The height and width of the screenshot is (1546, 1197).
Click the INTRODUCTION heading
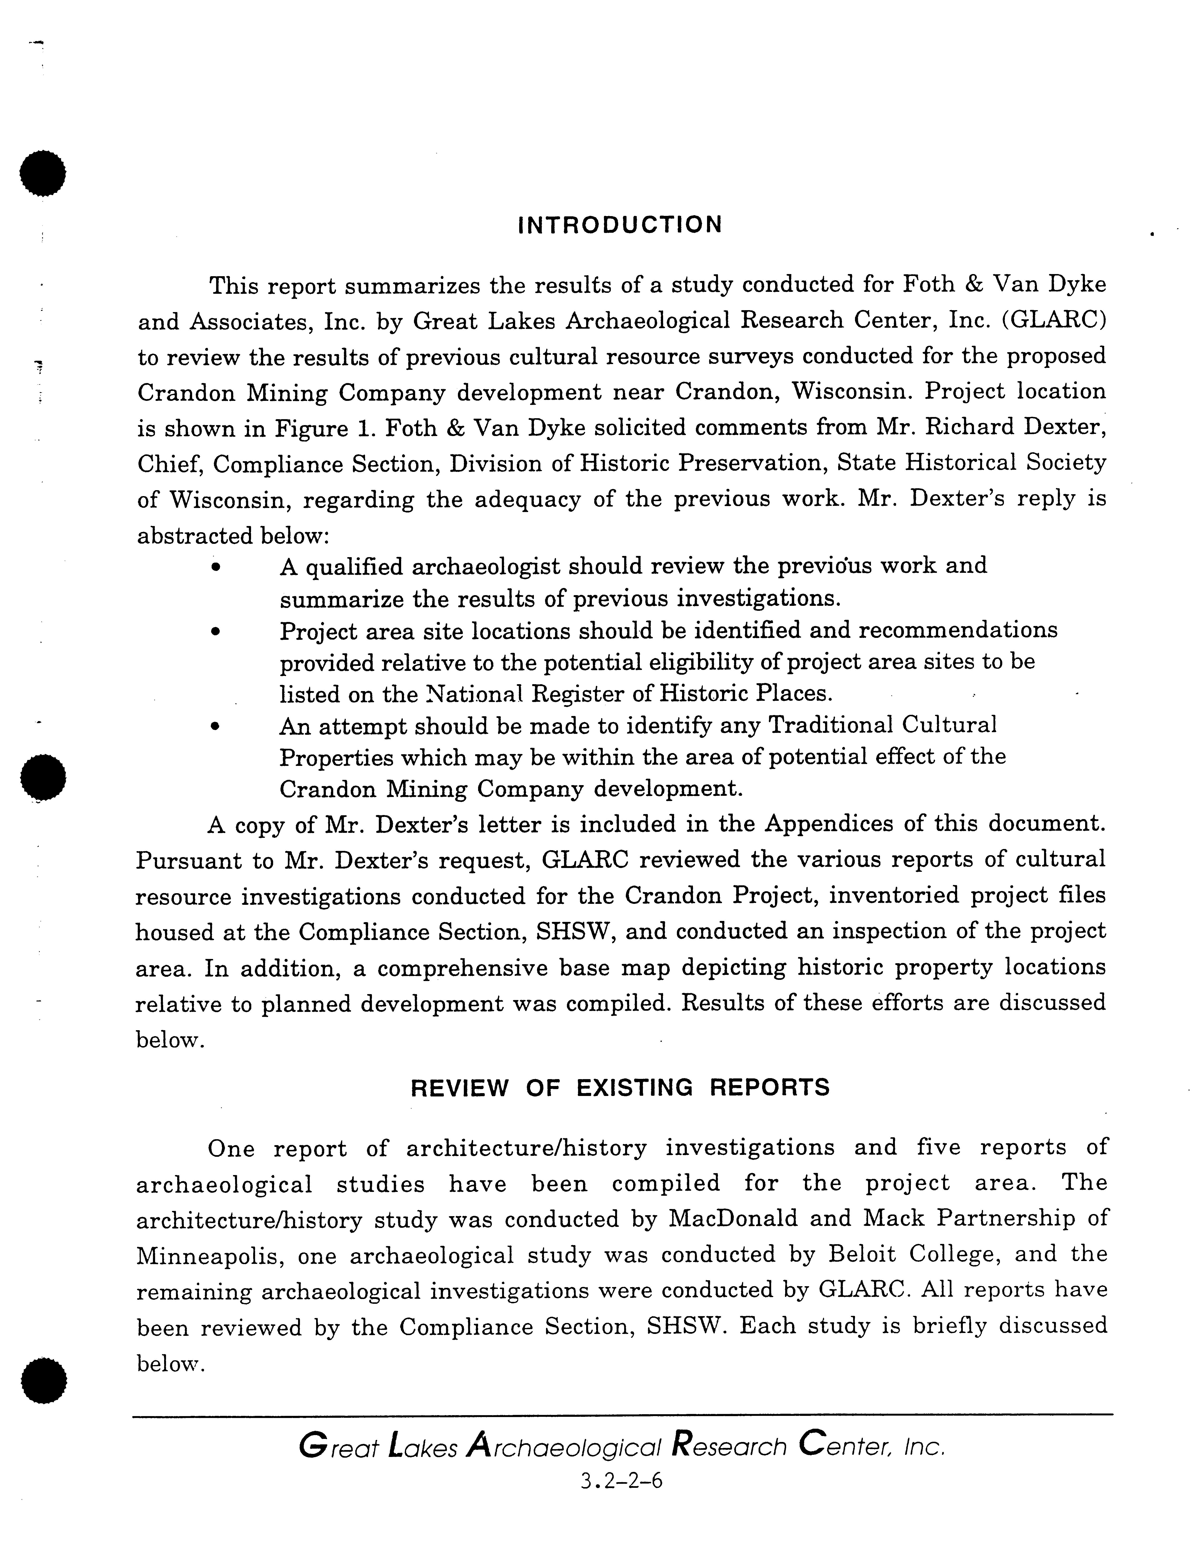tap(620, 225)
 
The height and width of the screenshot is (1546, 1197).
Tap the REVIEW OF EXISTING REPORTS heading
tap(620, 1087)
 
